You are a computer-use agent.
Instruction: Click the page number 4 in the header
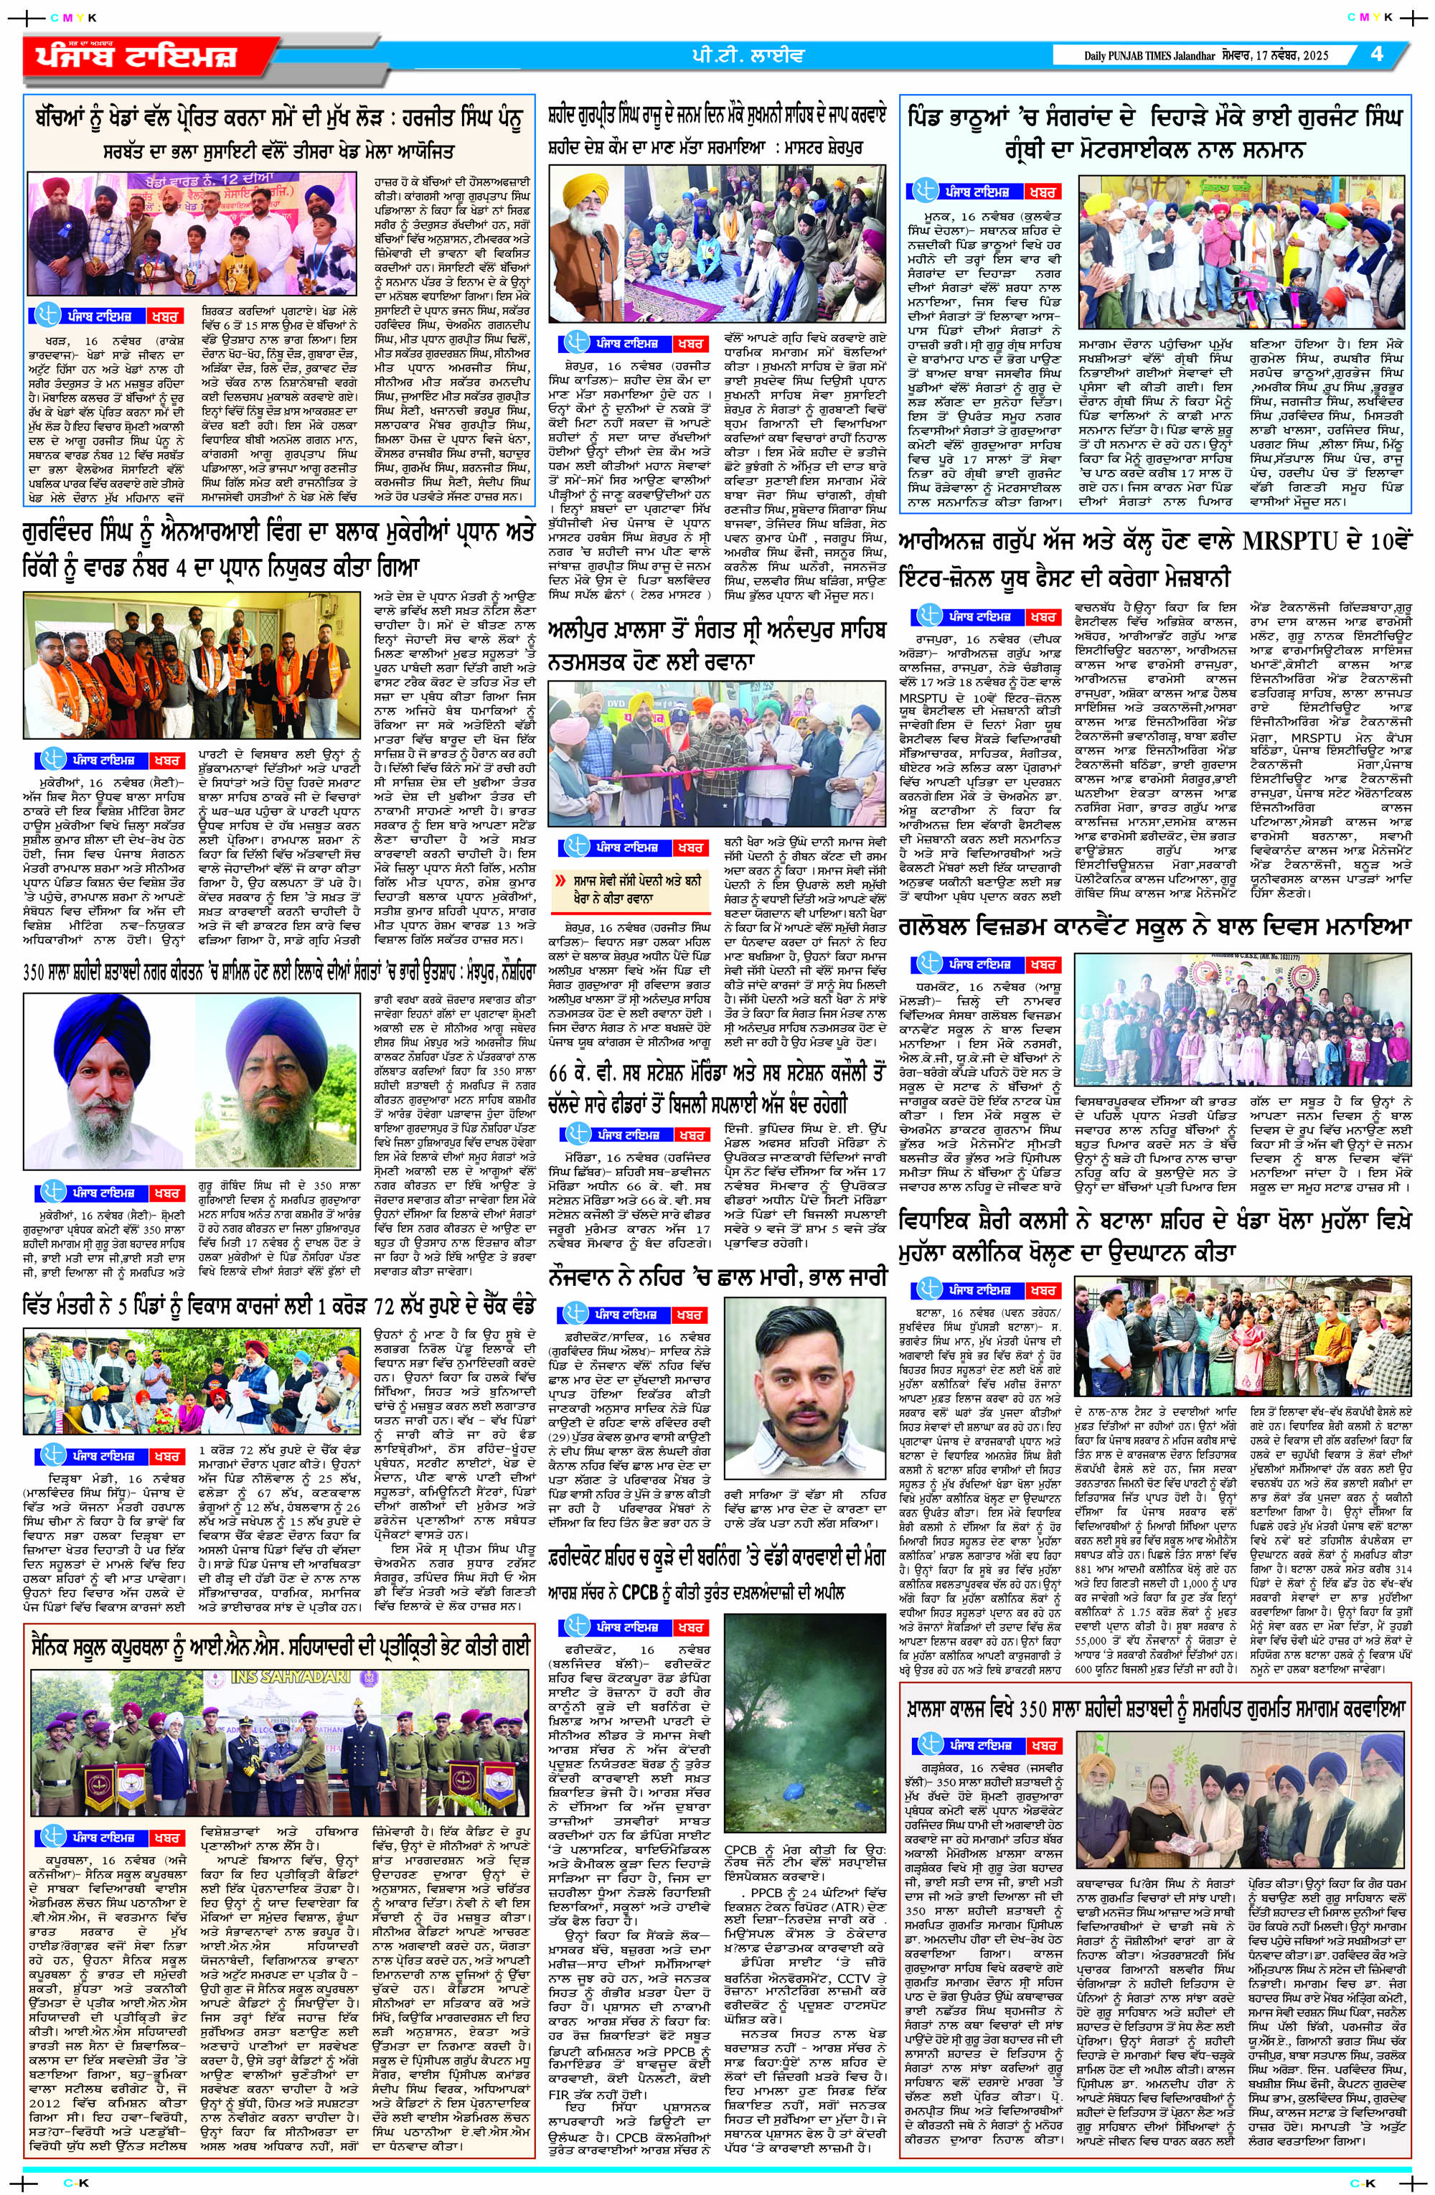[1377, 54]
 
